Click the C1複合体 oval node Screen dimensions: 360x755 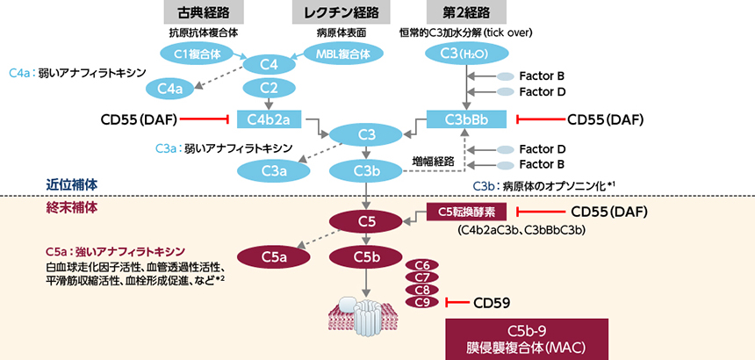click(x=196, y=53)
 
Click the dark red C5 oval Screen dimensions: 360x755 click(x=367, y=219)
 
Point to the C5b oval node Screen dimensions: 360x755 click(x=367, y=256)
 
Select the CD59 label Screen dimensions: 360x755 click(x=492, y=303)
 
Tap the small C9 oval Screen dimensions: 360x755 click(x=421, y=302)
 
